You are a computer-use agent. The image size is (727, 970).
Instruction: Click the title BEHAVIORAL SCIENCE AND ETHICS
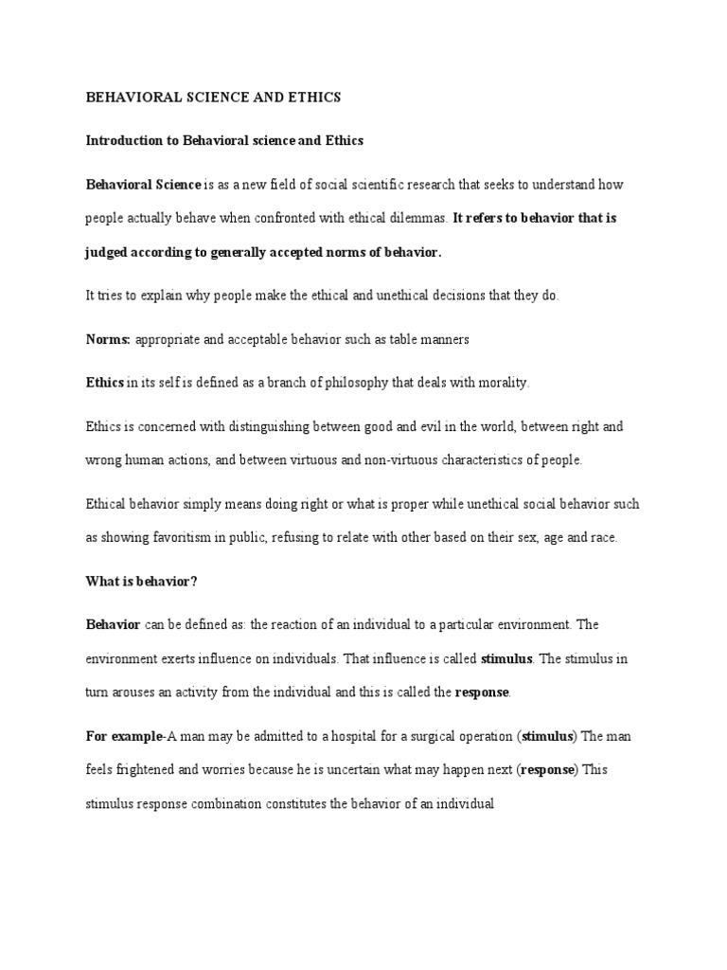pyautogui.click(x=213, y=97)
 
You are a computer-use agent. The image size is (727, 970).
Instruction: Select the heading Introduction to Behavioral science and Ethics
pyautogui.click(x=224, y=140)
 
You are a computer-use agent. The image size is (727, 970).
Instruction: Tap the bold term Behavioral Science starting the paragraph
pyautogui.click(x=143, y=184)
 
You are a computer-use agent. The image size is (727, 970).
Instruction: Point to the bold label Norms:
pyautogui.click(x=108, y=339)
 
